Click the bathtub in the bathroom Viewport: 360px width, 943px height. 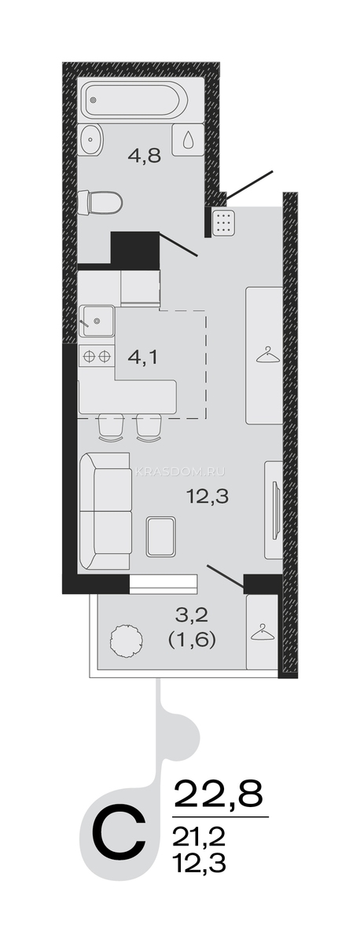tap(135, 101)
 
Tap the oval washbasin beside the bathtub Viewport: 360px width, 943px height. tap(90, 138)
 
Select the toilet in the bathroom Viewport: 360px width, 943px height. tap(100, 203)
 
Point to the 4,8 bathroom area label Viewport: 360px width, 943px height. tap(145, 156)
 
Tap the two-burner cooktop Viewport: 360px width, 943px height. tap(97, 357)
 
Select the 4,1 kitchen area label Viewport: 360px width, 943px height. tap(143, 358)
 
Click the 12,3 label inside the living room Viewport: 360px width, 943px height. tap(208, 497)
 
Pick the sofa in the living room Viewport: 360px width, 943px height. tap(105, 511)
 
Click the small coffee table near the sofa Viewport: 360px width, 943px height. tap(161, 536)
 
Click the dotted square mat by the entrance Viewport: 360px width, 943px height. tap(223, 222)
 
